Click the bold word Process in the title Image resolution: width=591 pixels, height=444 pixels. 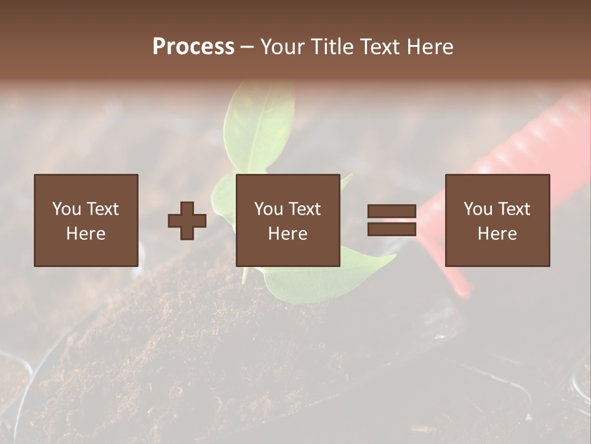tap(193, 47)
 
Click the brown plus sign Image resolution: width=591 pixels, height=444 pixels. tap(187, 221)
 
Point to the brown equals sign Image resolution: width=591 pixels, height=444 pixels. tap(392, 220)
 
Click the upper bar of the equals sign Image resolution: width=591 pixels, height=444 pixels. tap(392, 212)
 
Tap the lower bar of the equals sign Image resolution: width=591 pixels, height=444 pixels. tap(392, 229)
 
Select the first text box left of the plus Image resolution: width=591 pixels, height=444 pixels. tap(86, 220)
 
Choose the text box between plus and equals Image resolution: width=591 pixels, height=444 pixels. tap(287, 220)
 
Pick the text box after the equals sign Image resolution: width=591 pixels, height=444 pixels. tap(497, 220)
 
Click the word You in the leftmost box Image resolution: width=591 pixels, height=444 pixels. tap(66, 209)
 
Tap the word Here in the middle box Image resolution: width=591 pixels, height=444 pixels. tap(287, 234)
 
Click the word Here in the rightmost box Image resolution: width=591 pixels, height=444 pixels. tap(497, 234)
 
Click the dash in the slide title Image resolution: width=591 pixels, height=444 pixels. tap(247, 47)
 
